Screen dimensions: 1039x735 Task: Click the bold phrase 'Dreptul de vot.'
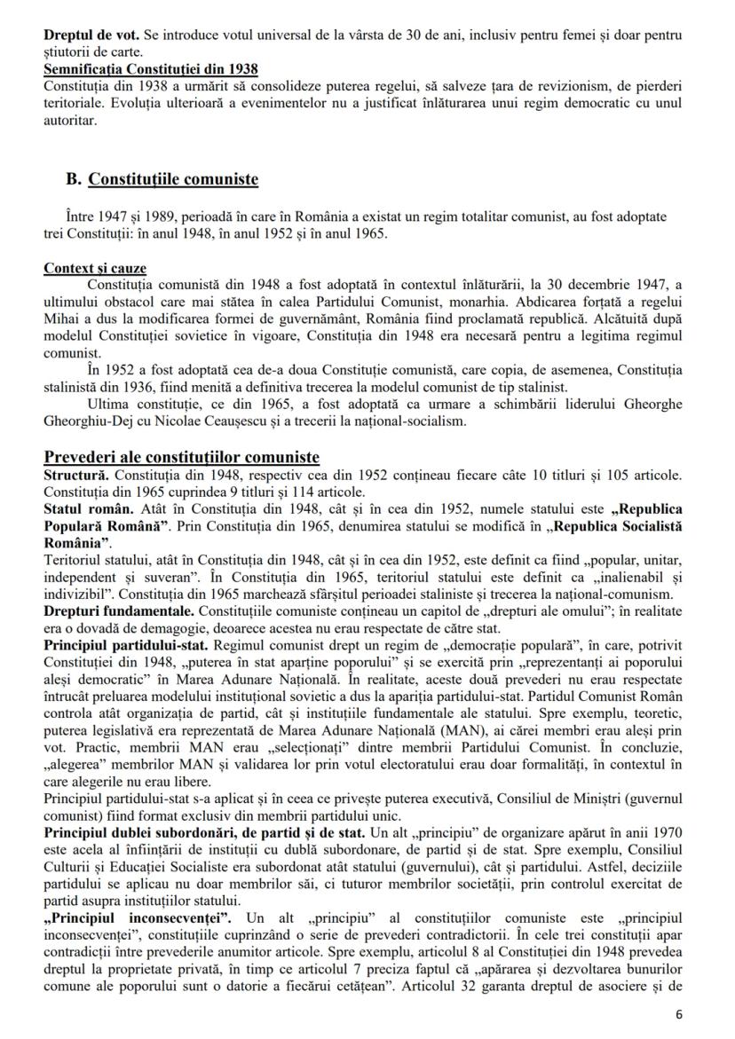click(85, 36)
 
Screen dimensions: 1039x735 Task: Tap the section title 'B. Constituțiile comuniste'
click(162, 180)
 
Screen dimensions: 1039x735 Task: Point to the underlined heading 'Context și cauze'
click(96, 267)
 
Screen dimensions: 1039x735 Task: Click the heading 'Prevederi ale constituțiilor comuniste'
click(181, 457)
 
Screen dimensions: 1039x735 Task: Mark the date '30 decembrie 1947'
click(572, 285)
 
